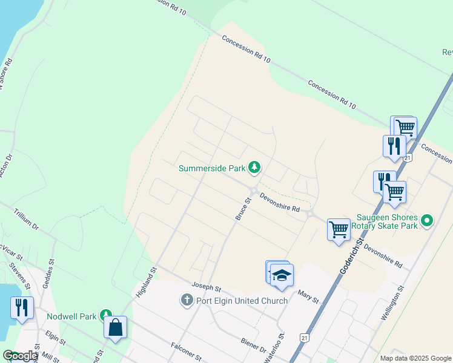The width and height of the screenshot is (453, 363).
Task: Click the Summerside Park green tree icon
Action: click(x=255, y=166)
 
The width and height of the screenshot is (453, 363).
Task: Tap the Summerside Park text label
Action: click(x=213, y=168)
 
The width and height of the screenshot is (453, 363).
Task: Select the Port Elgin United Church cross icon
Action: click(x=187, y=300)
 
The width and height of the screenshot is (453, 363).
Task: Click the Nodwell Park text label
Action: click(x=71, y=316)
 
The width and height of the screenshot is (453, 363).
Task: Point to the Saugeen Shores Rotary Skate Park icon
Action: click(x=428, y=221)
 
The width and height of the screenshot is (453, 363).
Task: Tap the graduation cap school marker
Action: click(x=282, y=275)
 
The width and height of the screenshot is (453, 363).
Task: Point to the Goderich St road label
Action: click(x=351, y=255)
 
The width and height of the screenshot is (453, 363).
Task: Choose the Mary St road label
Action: click(x=308, y=296)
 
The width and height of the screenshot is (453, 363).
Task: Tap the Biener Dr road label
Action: click(x=253, y=345)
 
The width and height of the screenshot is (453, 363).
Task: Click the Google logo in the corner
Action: click(x=20, y=356)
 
